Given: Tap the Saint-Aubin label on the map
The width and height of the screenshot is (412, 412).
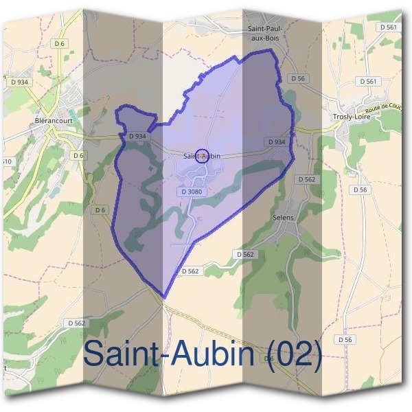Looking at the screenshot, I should click(x=202, y=156).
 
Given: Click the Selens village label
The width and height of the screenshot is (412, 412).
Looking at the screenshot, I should click(x=284, y=218).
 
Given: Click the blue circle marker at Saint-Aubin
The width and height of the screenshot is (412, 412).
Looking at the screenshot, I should click(x=202, y=154).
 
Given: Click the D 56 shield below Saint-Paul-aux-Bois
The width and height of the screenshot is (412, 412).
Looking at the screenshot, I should click(x=297, y=78).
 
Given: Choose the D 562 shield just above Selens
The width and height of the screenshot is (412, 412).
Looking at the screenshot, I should click(x=306, y=179).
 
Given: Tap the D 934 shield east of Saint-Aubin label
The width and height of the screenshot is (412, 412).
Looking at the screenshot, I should click(x=276, y=141).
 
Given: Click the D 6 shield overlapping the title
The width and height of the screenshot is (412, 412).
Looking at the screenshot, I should click(x=268, y=358).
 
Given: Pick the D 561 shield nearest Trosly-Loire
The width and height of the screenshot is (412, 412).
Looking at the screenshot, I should click(x=368, y=81).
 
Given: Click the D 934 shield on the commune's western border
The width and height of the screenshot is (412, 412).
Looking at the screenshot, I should click(x=137, y=136).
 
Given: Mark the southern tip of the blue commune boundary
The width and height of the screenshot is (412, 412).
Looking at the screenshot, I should click(x=164, y=297).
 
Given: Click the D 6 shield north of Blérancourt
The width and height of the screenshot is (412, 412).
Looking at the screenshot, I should click(x=60, y=44).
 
